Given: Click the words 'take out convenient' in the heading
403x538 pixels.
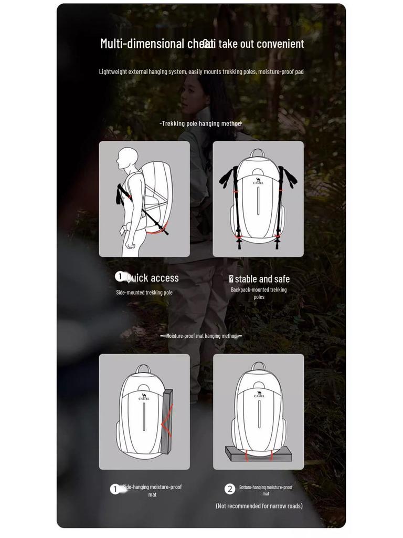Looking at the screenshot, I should (x=261, y=44).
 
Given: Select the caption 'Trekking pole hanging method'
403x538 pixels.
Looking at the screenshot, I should (x=201, y=123).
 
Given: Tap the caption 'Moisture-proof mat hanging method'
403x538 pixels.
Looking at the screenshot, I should (x=201, y=336).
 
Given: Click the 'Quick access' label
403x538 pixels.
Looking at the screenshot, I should (x=152, y=278).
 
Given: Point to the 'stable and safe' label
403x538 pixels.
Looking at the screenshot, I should (x=262, y=279).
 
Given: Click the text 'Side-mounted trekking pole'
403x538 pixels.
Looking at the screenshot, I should (x=144, y=293).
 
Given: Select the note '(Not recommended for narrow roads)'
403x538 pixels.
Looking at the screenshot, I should (x=259, y=506).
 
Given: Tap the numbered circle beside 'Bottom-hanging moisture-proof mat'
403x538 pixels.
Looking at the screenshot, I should (x=230, y=489).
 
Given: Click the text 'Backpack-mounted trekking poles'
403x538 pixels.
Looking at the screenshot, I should (x=259, y=293).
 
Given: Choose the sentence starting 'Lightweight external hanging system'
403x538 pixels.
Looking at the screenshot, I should (x=201, y=71).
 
